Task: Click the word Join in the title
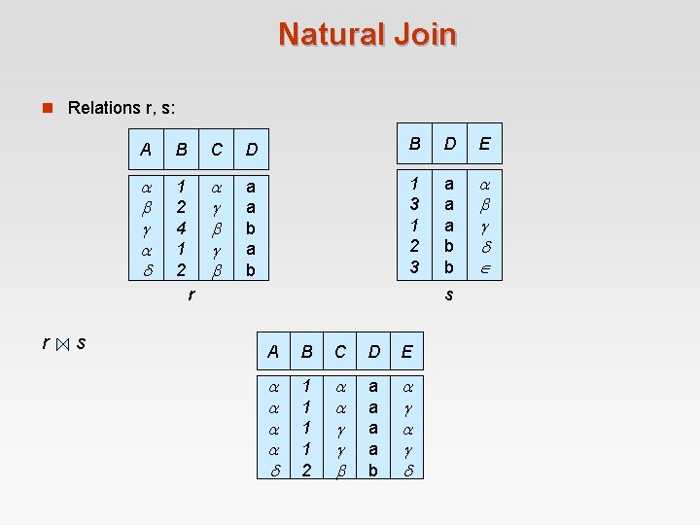click(424, 34)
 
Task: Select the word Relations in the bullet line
click(102, 107)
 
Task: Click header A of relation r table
click(146, 150)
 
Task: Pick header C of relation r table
click(217, 150)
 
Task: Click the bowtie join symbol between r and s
click(62, 343)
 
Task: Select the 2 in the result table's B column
click(306, 469)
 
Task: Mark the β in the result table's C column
click(341, 469)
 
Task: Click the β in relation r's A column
click(146, 207)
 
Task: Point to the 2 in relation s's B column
click(413, 246)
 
